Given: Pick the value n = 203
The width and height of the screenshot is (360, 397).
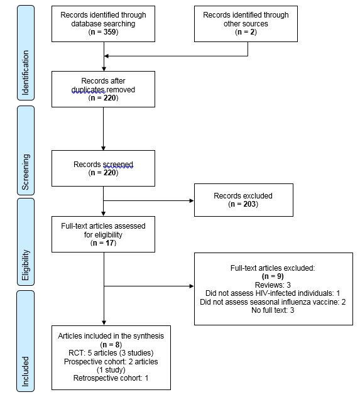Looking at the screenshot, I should pyautogui.click(x=243, y=203).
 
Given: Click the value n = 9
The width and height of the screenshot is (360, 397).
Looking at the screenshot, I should pyautogui.click(x=273, y=275).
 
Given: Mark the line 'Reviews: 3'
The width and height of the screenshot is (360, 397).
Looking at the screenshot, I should pyautogui.click(x=273, y=283).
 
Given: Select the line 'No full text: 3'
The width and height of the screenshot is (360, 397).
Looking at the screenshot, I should pyautogui.click(x=273, y=310).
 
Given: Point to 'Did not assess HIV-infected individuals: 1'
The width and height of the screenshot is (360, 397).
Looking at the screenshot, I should pyautogui.click(x=273, y=292).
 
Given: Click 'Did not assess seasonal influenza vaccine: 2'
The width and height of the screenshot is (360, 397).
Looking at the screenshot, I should pyautogui.click(x=273, y=301).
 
